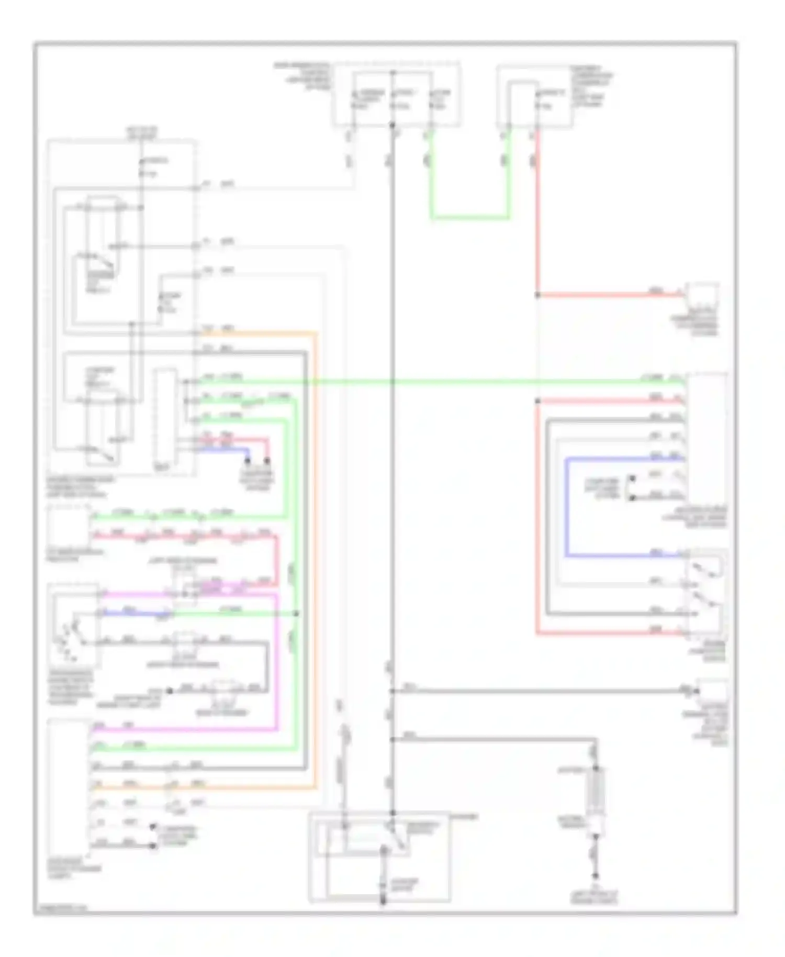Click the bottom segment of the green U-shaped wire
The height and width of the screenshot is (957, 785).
pos(470,217)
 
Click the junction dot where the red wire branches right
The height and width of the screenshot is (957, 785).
pos(537,295)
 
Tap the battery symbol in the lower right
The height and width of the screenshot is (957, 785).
pos(596,791)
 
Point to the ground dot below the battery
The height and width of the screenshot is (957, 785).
pos(595,875)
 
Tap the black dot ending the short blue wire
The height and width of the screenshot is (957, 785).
pos(248,461)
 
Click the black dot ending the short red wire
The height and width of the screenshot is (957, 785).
pos(267,461)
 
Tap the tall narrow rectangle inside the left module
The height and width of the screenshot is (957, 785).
pos(165,419)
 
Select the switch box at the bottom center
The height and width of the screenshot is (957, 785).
pos(379,856)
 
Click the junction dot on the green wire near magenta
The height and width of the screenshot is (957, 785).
pos(296,613)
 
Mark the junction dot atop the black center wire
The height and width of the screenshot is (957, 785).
pos(392,125)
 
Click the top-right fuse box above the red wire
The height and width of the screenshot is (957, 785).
pos(534,97)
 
